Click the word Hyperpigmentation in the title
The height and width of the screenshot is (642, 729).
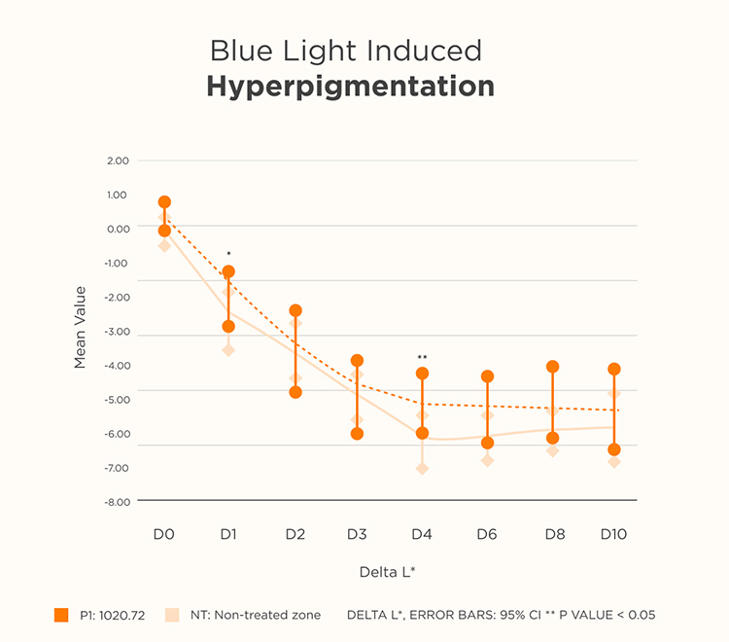tap(350, 87)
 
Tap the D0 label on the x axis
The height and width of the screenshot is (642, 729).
tap(163, 534)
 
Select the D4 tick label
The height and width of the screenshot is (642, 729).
tap(422, 534)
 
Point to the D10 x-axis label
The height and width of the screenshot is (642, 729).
tap(613, 534)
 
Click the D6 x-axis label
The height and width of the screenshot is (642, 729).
tap(487, 534)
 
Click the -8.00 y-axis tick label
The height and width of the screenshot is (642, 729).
tap(119, 502)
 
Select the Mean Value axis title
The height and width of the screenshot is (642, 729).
tap(81, 327)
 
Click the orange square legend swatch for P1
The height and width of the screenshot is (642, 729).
tap(61, 615)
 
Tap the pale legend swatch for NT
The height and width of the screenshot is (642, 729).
tap(172, 615)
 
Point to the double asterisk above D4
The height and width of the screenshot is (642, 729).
tap(422, 358)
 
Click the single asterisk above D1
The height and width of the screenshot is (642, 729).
tap(228, 255)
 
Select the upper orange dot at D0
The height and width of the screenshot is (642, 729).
tap(164, 202)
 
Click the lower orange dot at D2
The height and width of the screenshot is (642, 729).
tap(295, 392)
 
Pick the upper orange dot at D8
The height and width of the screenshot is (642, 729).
tap(553, 367)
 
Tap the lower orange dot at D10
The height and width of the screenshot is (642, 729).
tap(614, 449)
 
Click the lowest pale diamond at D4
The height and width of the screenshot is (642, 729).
tap(422, 469)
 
